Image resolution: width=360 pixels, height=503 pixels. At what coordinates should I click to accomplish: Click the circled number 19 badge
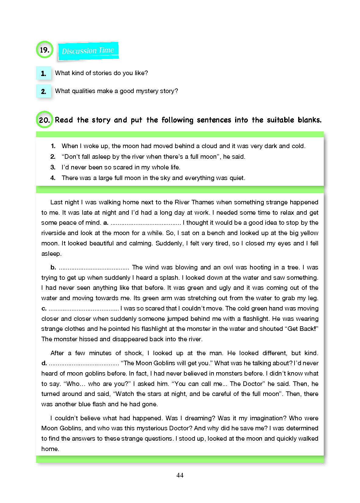pos(44,50)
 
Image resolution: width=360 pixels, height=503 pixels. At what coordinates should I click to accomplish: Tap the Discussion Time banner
pos(88,50)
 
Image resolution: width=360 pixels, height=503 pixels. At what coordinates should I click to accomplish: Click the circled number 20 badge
pos(44,120)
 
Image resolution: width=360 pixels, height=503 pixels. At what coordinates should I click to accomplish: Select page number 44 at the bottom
pos(180,475)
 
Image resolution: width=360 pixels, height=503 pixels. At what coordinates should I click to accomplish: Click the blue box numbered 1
pos(44,73)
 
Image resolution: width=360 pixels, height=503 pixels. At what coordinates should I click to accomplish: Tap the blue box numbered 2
pos(44,91)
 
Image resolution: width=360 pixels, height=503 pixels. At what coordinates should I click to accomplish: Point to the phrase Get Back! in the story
pos(303,329)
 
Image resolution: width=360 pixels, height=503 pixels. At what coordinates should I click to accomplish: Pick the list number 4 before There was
pos(53,178)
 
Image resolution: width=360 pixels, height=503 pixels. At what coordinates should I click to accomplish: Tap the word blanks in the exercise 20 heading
pos(309,120)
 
